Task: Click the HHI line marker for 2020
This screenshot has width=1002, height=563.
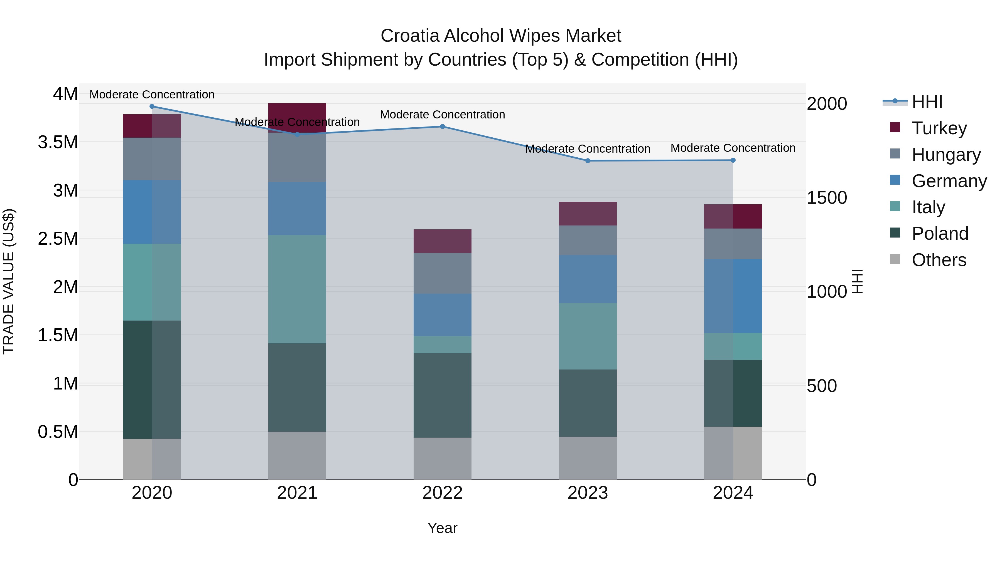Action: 152,106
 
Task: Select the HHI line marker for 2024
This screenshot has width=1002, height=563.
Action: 733,160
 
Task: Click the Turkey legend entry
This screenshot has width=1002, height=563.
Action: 939,128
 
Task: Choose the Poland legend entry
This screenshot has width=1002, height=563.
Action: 940,234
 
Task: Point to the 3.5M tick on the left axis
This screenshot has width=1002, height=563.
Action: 58,142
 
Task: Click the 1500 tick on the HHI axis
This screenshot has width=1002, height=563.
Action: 827,198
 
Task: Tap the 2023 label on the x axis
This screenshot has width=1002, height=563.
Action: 587,493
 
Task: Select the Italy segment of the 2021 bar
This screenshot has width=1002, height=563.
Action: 297,289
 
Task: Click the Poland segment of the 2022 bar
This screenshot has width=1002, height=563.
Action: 442,395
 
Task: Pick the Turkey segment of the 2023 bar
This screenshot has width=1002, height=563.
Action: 587,214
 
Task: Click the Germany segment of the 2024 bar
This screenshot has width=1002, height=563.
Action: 733,296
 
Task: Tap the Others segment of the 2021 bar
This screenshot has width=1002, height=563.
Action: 297,455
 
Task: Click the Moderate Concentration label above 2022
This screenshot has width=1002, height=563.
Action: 442,115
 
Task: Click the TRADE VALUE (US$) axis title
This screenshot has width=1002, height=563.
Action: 9,281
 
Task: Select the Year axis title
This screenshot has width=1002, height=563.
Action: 442,528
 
